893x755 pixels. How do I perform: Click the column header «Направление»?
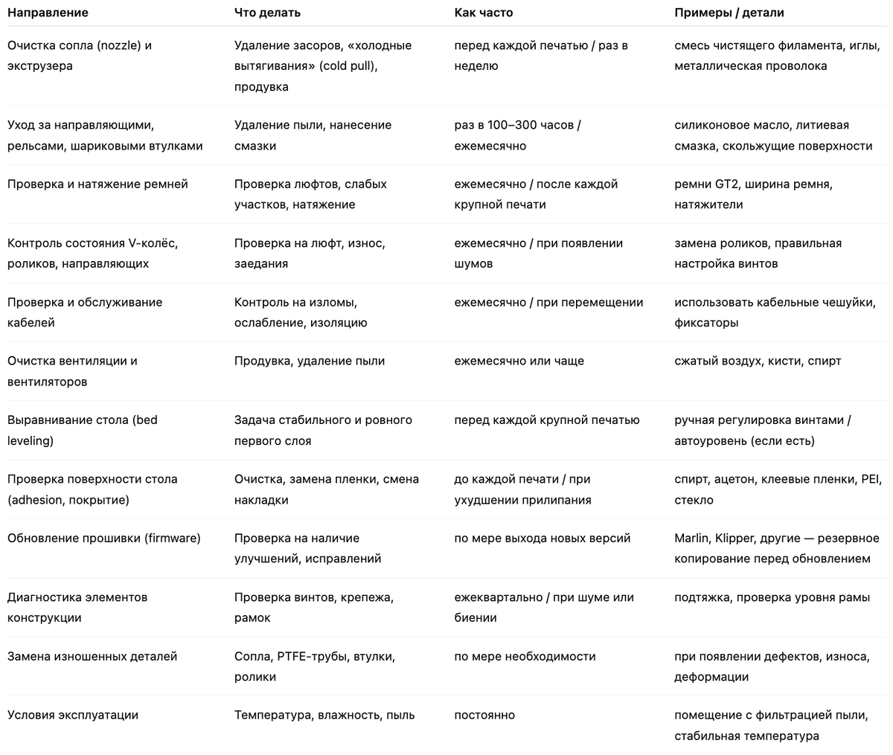click(x=48, y=13)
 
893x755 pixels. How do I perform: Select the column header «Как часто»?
click(x=484, y=13)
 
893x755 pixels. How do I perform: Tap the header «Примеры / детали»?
click(x=729, y=13)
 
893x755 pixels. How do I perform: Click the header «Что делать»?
click(x=268, y=13)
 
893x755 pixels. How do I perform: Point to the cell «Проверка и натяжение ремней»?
click(x=97, y=184)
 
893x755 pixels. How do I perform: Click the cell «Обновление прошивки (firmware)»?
click(x=104, y=538)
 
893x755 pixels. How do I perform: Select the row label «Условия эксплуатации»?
click(x=73, y=715)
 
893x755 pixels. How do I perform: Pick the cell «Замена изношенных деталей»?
click(x=92, y=656)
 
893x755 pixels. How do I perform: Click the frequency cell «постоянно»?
click(x=484, y=715)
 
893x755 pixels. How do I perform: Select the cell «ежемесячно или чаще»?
click(x=519, y=361)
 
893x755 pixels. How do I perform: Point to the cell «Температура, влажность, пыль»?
click(x=324, y=715)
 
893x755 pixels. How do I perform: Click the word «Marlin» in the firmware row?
click(x=691, y=538)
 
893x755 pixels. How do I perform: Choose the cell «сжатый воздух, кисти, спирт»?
click(x=758, y=361)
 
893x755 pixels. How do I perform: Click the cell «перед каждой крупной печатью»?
click(x=547, y=420)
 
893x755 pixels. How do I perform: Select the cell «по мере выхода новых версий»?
click(x=542, y=538)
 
